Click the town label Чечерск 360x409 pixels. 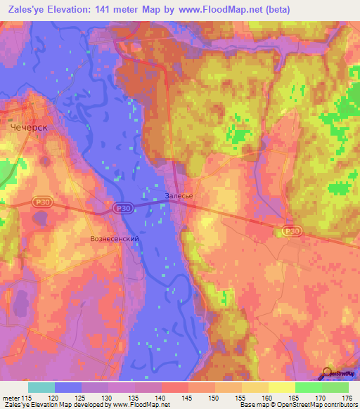(29, 128)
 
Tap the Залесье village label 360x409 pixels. (179, 196)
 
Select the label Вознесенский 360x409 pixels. (115, 239)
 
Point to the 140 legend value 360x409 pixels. (162, 397)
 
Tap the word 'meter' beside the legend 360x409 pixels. (12, 397)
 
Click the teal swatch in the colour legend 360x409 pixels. (41, 387)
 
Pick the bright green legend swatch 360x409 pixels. (309, 387)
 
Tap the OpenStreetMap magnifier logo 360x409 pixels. (327, 373)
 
